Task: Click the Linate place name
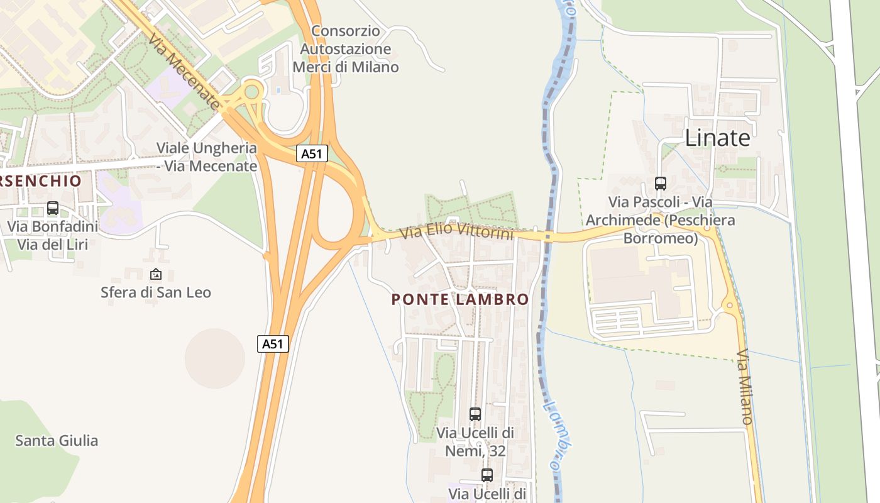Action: [717, 138]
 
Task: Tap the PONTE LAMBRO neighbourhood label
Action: [460, 299]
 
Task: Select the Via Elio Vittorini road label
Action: [457, 233]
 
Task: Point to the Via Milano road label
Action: [745, 387]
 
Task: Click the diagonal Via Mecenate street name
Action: [186, 72]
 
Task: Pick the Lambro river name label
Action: [559, 434]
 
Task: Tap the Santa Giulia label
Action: [57, 440]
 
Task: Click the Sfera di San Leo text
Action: [156, 292]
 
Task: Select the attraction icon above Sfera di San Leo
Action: [156, 274]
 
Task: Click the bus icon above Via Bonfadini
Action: [53, 208]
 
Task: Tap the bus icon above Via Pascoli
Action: [661, 184]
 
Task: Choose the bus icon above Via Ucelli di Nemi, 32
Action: [475, 414]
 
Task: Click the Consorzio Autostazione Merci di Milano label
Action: [346, 49]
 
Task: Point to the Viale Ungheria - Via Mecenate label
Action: [207, 157]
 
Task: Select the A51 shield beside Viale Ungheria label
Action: [312, 154]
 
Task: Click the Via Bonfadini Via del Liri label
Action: [53, 235]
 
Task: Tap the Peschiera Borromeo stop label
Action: [661, 220]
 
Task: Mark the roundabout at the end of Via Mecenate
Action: [252, 92]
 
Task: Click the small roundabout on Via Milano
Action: [730, 306]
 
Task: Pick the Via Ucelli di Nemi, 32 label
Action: [475, 441]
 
